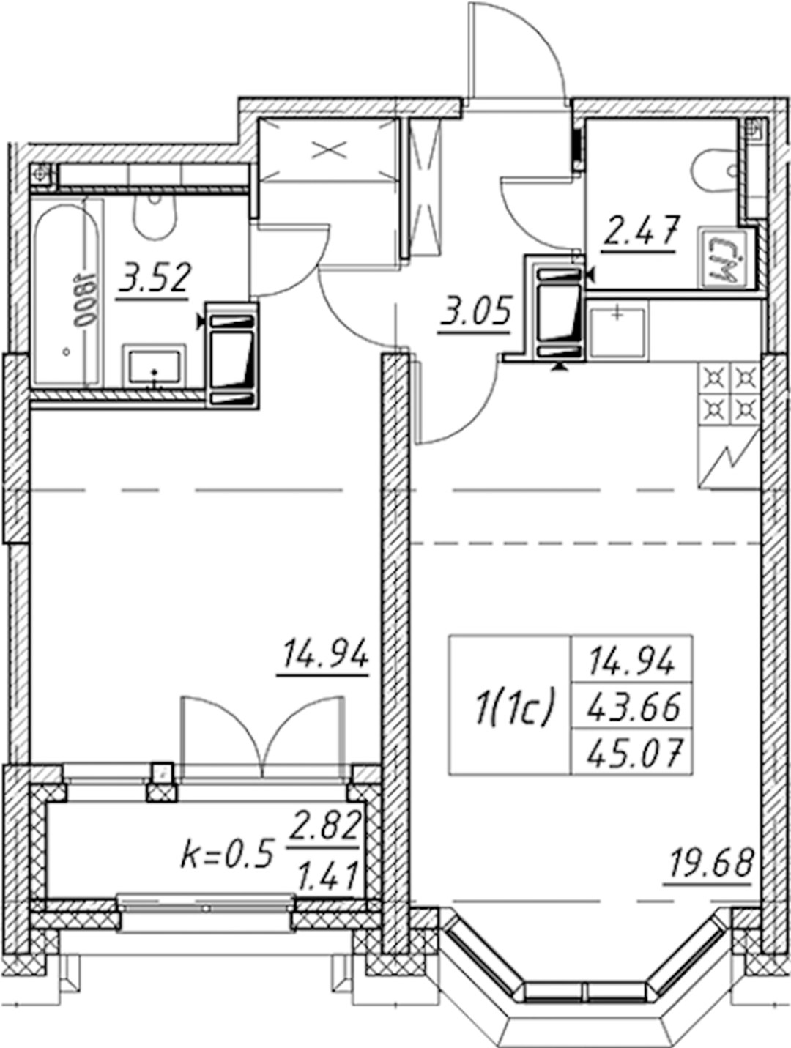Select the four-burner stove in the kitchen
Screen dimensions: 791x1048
[729, 394]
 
